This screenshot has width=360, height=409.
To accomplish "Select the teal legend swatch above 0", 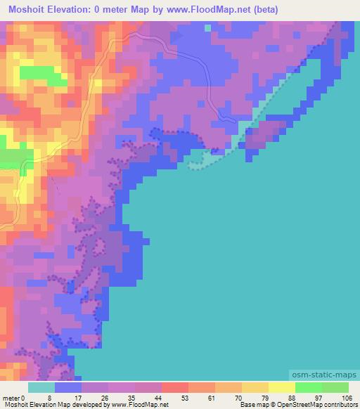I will tap(41, 387).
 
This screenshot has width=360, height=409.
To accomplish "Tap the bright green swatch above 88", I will tap(309, 387).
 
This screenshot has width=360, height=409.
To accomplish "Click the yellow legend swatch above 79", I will tap(255, 387).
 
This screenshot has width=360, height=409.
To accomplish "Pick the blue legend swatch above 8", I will tap(68, 387).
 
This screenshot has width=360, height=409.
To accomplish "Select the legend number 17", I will tap(77, 398).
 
